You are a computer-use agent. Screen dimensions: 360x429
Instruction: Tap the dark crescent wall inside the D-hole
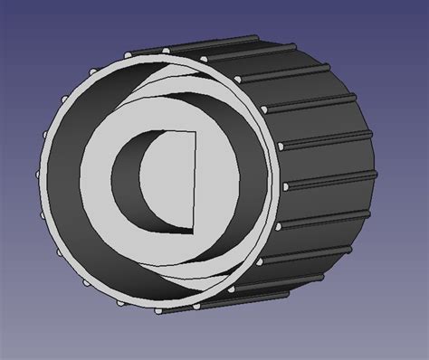click(x=132, y=181)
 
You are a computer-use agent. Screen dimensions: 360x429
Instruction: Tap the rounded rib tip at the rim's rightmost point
click(x=286, y=185)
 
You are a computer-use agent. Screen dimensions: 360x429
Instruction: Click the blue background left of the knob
click(x=18, y=181)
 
